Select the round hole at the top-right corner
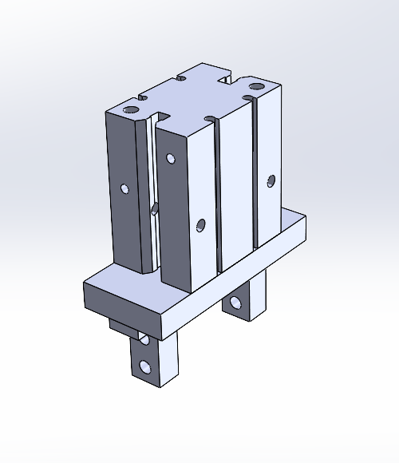(x=255, y=85)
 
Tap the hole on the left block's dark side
(x=124, y=189)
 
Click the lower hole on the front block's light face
(x=199, y=225)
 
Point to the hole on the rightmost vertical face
(x=271, y=180)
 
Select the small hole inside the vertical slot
(x=153, y=210)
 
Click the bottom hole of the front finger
(x=144, y=366)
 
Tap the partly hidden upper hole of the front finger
(x=144, y=339)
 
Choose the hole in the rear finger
(x=236, y=303)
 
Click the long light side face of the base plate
(x=239, y=275)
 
